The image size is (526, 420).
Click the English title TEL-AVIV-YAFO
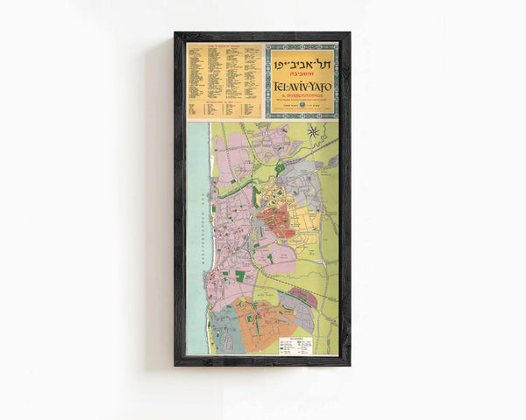302,86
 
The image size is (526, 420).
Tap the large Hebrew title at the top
302,60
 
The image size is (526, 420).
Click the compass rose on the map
313,132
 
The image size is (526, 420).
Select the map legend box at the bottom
295,345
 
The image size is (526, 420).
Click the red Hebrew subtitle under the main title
302,74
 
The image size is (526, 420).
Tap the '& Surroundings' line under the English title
302,96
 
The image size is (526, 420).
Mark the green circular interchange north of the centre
280,166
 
